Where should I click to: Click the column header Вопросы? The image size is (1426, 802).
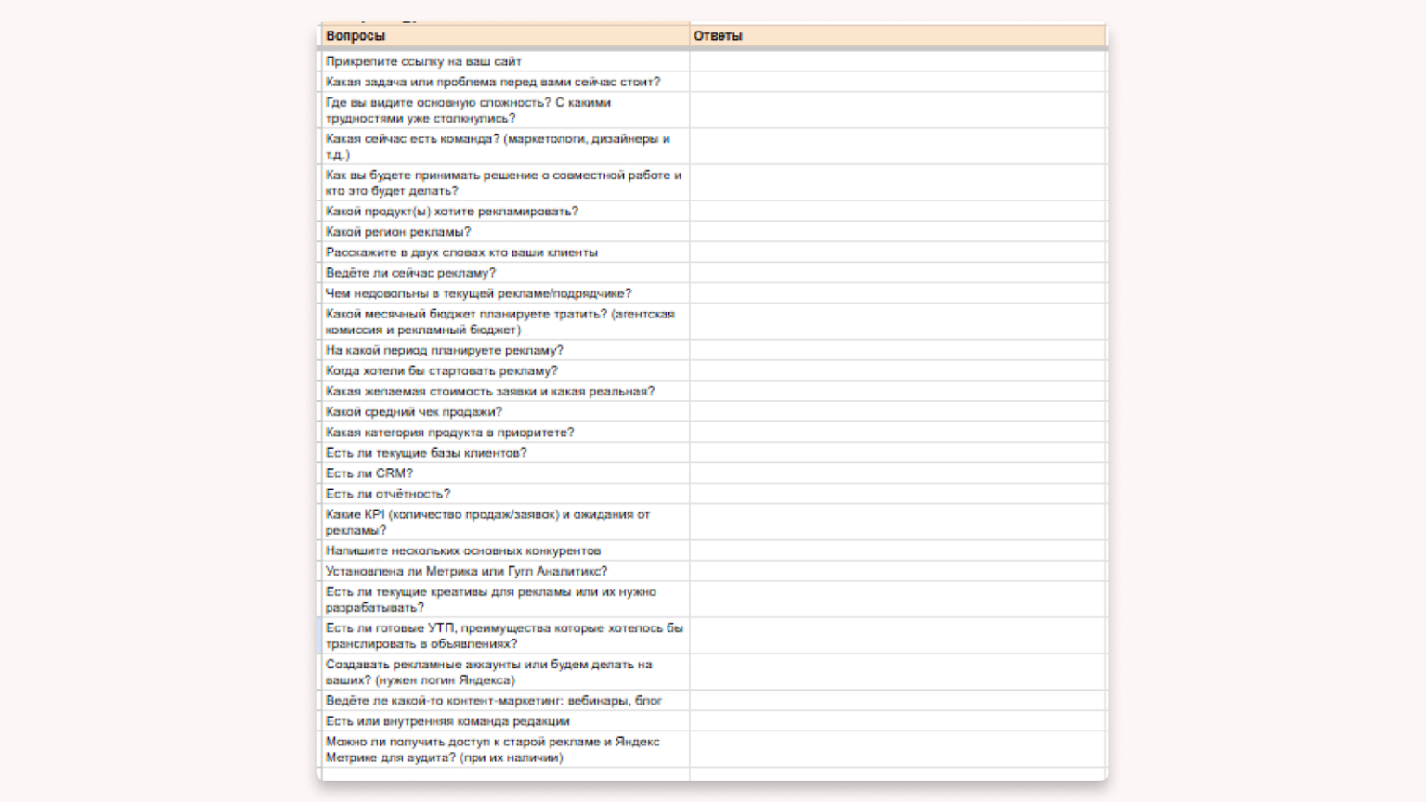pyautogui.click(x=356, y=36)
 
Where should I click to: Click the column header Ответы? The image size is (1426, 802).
pyautogui.click(x=718, y=36)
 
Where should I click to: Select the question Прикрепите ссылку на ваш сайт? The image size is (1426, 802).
pyautogui.click(x=423, y=61)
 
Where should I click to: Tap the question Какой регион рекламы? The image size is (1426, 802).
pyautogui.click(x=398, y=232)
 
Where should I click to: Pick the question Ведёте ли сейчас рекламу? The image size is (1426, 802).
pyautogui.click(x=410, y=273)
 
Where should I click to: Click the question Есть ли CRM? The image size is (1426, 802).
pyautogui.click(x=369, y=473)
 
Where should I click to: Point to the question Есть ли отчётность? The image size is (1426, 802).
pyautogui.click(x=388, y=494)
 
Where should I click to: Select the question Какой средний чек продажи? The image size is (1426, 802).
pyautogui.click(x=414, y=412)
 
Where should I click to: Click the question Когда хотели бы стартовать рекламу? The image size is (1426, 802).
pyautogui.click(x=442, y=370)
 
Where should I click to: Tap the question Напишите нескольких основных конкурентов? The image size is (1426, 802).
pyautogui.click(x=463, y=551)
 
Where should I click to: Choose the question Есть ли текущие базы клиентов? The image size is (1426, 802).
pyautogui.click(x=426, y=453)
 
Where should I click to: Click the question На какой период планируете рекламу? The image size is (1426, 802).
pyautogui.click(x=445, y=350)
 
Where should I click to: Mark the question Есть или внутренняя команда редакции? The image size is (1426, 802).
pyautogui.click(x=447, y=721)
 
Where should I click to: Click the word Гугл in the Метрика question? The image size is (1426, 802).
pyautogui.click(x=520, y=572)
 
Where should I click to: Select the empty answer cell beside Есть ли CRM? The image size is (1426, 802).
pyautogui.click(x=898, y=473)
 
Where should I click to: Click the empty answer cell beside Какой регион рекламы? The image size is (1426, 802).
pyautogui.click(x=898, y=232)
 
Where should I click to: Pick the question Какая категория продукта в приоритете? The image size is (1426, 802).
pyautogui.click(x=450, y=433)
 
